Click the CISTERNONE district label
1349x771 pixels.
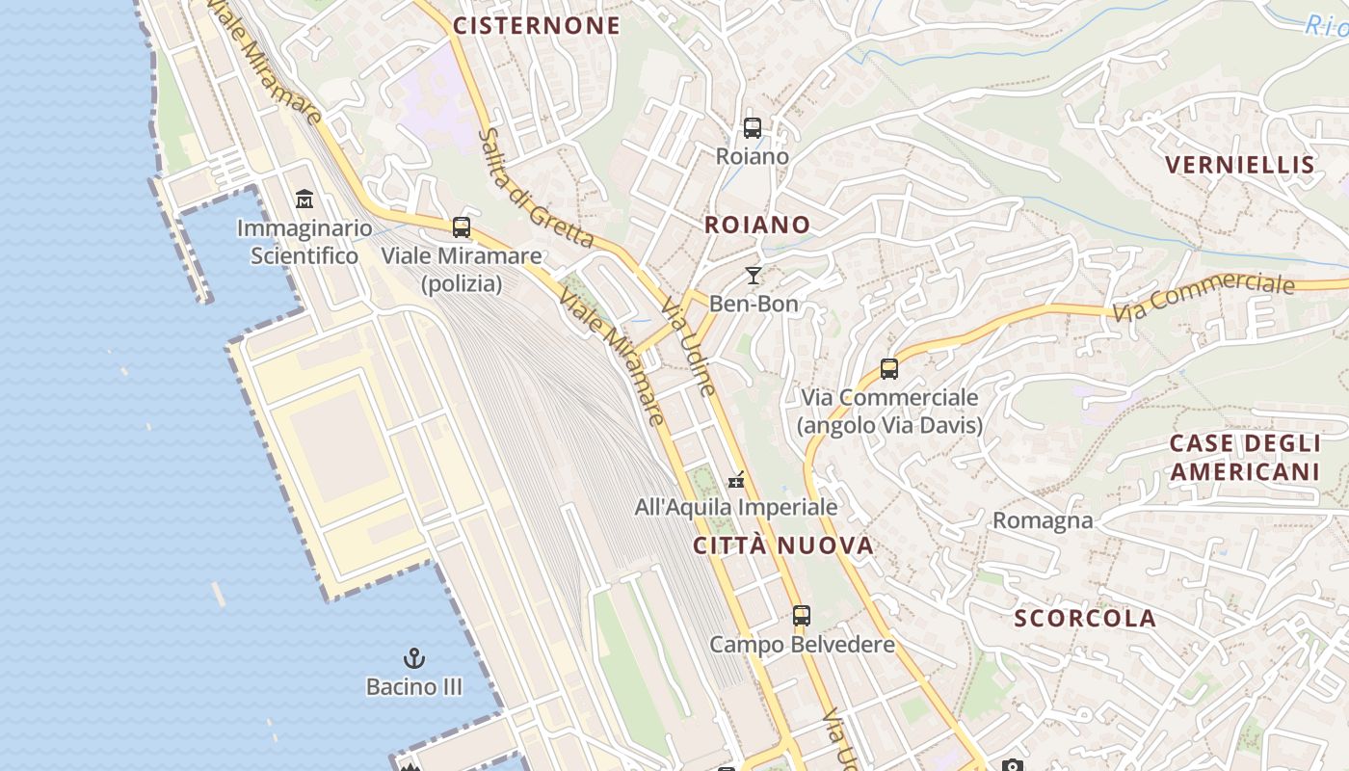(537, 26)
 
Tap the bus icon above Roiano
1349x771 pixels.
(753, 127)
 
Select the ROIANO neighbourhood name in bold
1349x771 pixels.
(757, 225)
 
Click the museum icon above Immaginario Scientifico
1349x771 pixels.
(304, 199)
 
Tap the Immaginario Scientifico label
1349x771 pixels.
(304, 242)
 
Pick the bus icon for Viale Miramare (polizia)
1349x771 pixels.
(462, 227)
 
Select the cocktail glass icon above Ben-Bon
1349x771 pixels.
(754, 276)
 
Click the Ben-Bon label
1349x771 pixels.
(754, 304)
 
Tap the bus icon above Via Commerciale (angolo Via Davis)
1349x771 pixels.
(889, 368)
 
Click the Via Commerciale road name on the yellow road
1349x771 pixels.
(1203, 298)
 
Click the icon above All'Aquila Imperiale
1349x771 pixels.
(737, 478)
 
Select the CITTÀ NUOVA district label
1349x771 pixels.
(783, 545)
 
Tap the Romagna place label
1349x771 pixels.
(1043, 521)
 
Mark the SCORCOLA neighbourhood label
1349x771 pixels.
(1084, 619)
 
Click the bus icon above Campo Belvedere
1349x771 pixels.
(802, 615)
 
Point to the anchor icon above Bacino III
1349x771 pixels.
(413, 658)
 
